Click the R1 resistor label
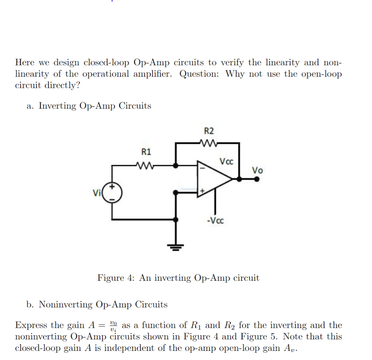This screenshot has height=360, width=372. click(146, 151)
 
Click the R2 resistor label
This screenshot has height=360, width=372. click(209, 131)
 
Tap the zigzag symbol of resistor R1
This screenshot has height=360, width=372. click(146, 165)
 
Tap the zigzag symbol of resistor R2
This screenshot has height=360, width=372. click(209, 143)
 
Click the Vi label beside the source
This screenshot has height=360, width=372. click(97, 193)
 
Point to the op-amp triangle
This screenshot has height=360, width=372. click(213, 179)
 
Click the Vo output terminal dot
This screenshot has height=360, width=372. click(257, 179)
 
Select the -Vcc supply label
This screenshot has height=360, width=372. click(215, 220)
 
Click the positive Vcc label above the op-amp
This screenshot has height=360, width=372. click(227, 161)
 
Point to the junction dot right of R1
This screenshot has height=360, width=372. click(176, 165)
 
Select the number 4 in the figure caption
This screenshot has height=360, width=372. click(131, 278)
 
